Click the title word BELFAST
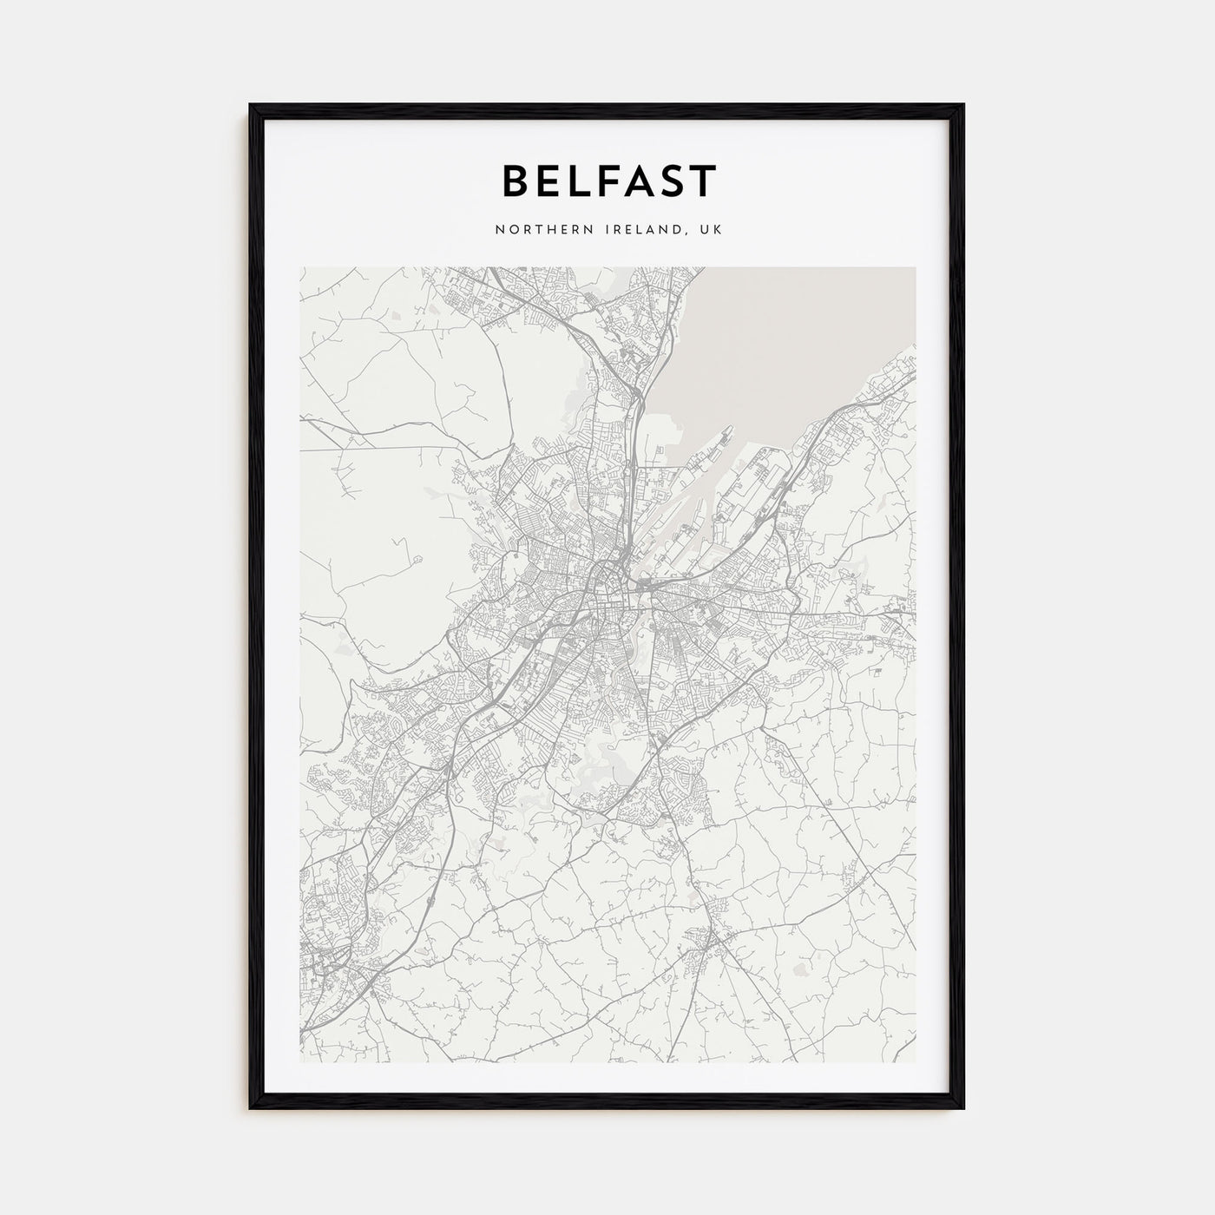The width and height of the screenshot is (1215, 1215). (608, 181)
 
